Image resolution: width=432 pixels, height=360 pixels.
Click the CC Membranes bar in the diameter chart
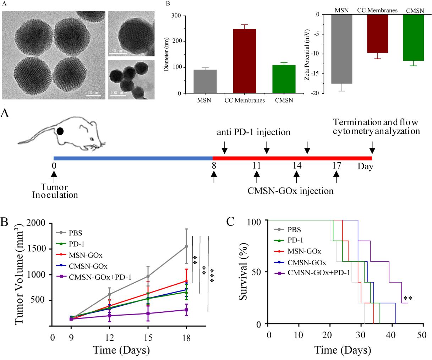[245, 61]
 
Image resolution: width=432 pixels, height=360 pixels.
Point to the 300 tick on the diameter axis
[177, 16]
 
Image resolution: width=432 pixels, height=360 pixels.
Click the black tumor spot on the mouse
[60, 131]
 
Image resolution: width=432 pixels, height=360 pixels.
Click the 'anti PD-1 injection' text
[253, 133]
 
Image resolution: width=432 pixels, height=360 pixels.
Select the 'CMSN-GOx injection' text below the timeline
[290, 191]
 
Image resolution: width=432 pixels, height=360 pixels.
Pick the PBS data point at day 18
[186, 246]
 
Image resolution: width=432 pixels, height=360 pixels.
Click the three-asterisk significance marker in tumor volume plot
[213, 276]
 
